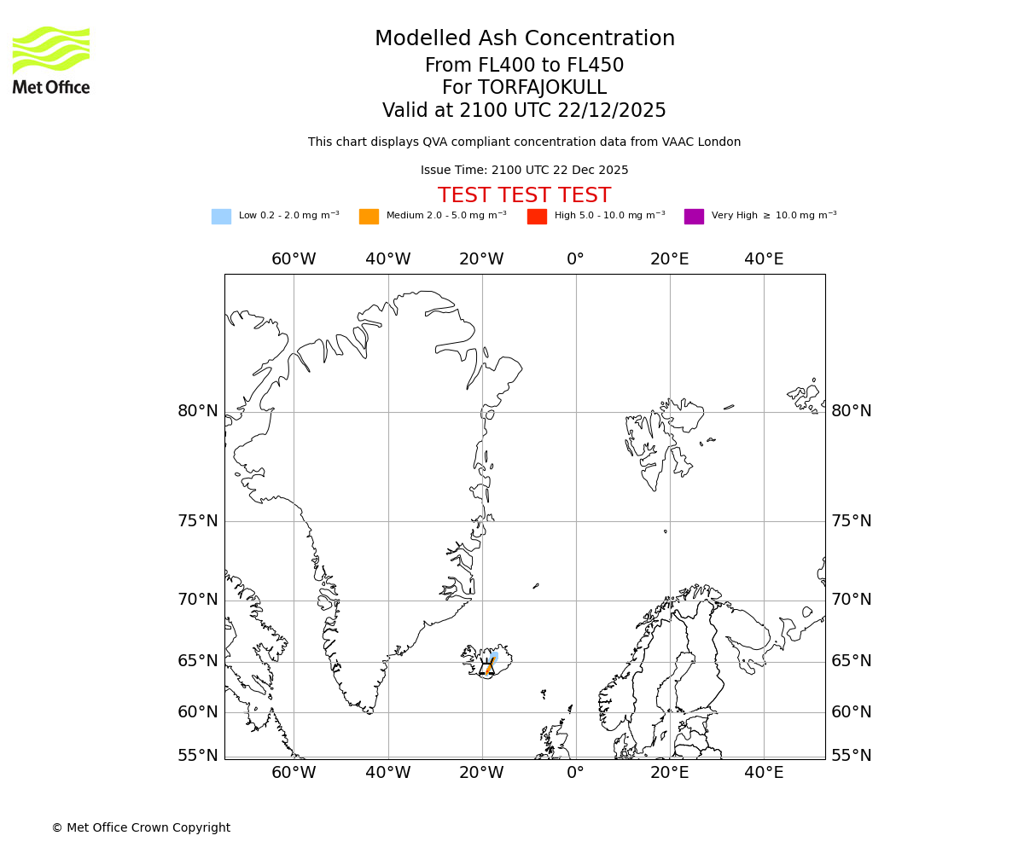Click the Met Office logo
point(51,60)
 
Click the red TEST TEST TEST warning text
point(524,195)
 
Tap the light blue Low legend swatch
point(221,217)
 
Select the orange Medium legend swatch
point(369,217)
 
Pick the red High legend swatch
point(537,217)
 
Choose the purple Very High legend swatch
point(694,217)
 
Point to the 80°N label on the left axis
point(198,411)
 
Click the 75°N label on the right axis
point(852,521)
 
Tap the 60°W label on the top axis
point(294,259)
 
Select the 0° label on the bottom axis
point(576,773)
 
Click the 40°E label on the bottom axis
point(764,773)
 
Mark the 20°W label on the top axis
point(481,259)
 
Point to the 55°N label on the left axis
point(198,756)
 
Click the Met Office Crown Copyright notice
point(141,827)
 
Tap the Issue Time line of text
point(524,171)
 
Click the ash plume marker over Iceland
point(489,664)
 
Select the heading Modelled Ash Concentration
point(524,38)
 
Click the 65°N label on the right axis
point(852,661)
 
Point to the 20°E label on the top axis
point(670,259)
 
